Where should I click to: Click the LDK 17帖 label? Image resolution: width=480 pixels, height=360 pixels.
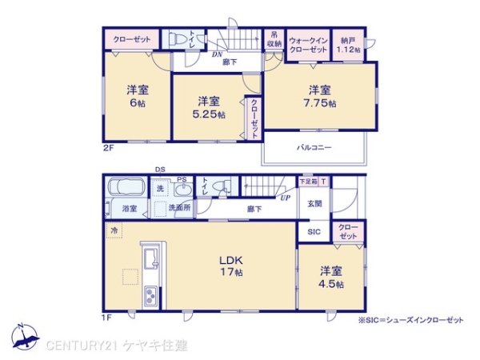[231, 266]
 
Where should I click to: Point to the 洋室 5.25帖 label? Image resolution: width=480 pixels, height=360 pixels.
[210, 107]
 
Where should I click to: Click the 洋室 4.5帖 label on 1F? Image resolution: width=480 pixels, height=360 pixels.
[330, 277]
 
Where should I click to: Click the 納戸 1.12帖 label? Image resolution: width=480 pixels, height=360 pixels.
[349, 44]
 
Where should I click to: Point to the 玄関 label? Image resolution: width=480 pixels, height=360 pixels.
[314, 203]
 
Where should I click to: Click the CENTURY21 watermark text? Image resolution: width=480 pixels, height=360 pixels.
[116, 345]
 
